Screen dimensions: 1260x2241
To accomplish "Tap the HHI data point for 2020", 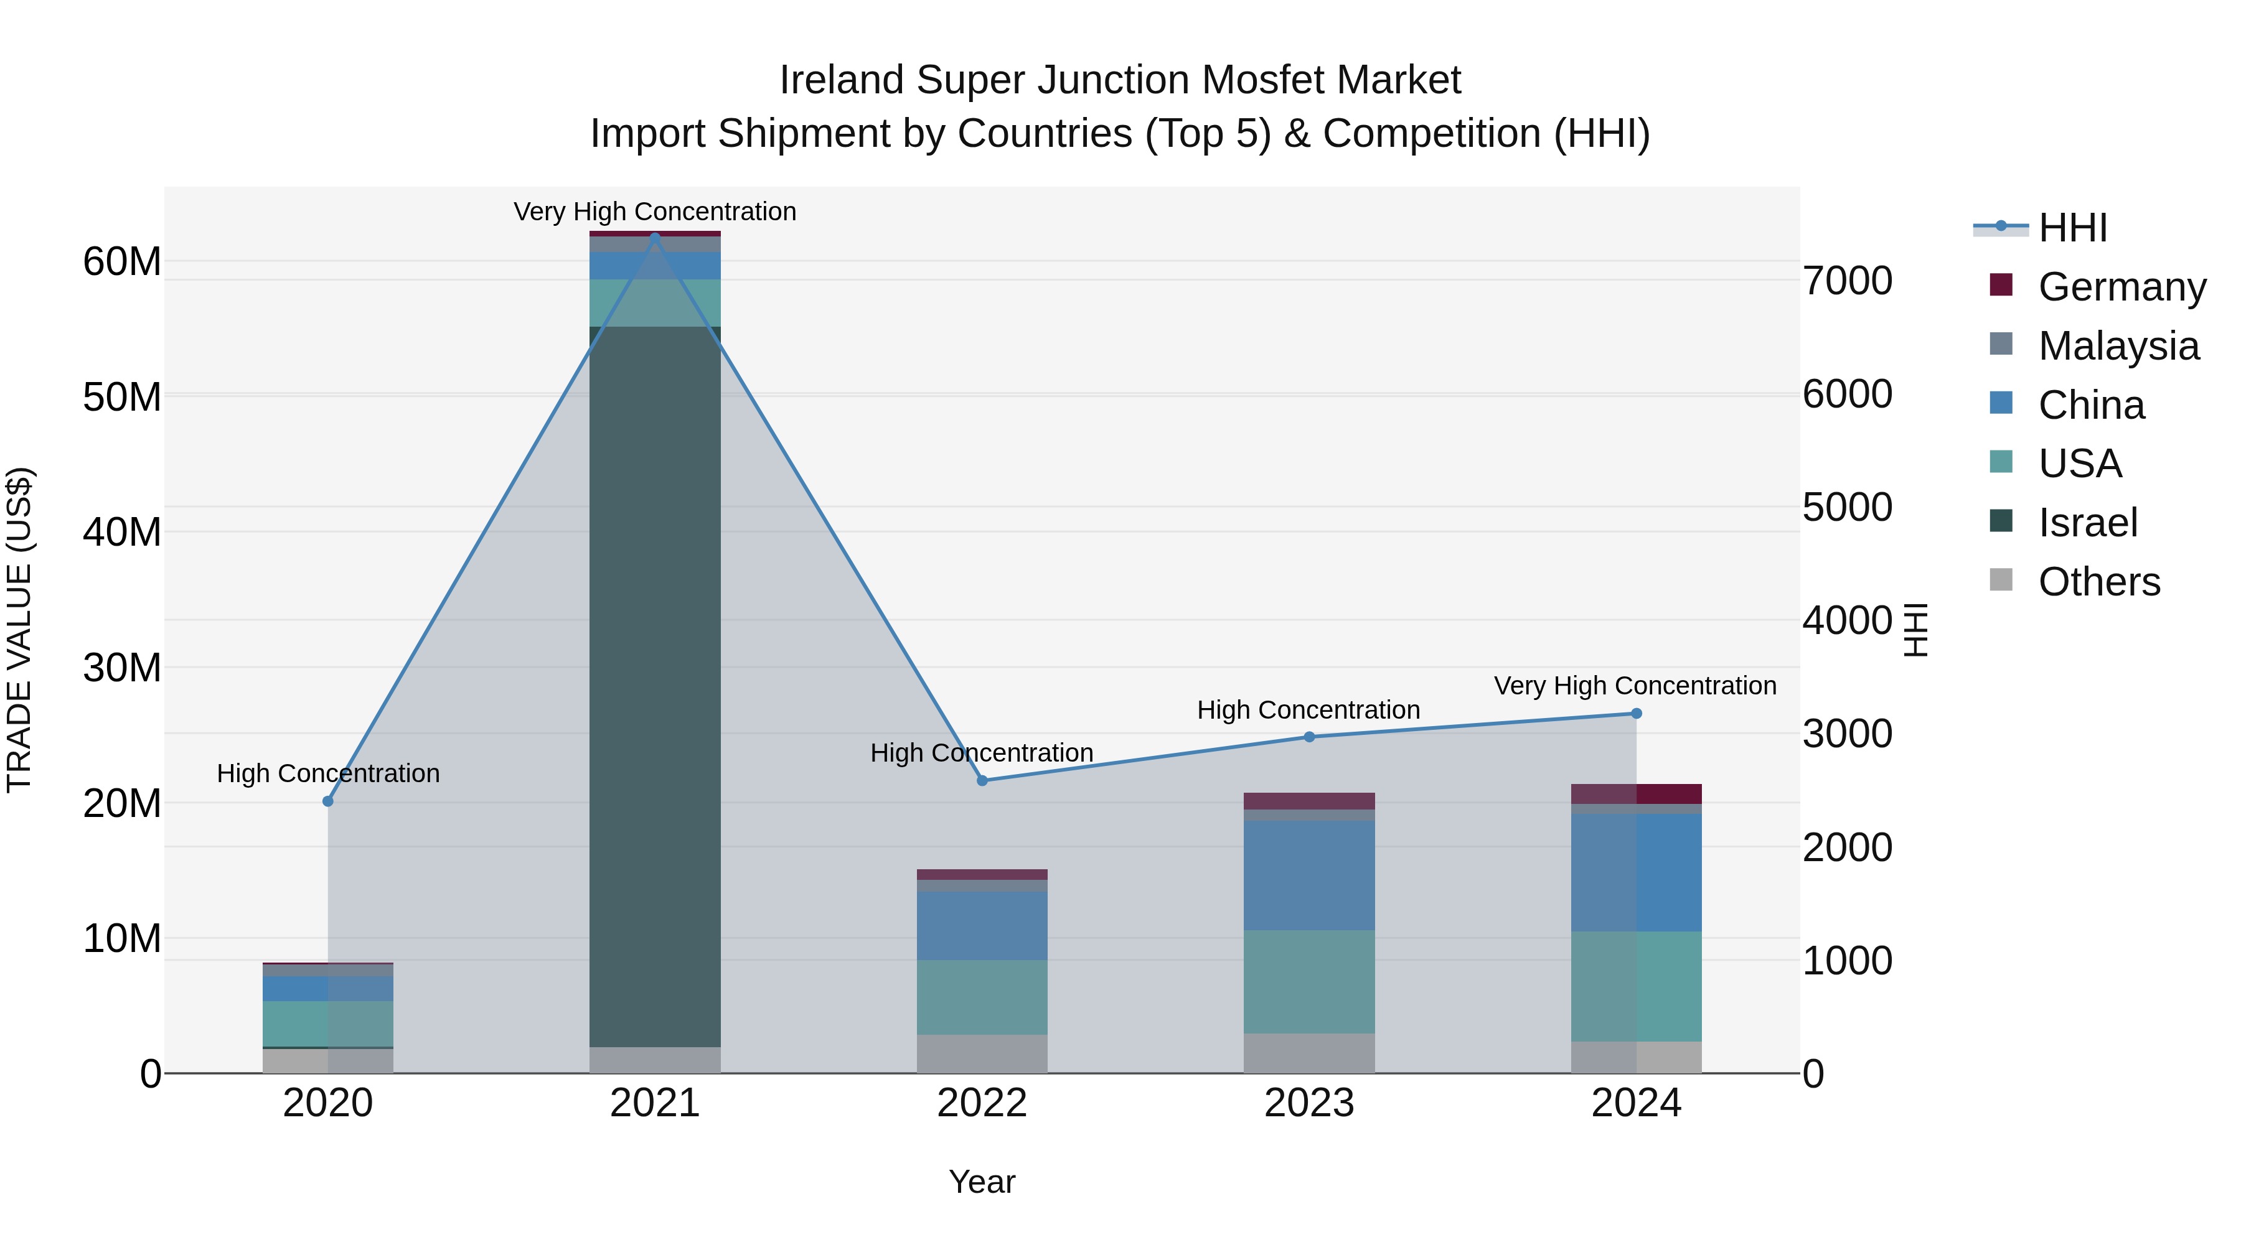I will coord(328,801).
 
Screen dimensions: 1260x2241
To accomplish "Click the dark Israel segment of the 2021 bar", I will coord(655,687).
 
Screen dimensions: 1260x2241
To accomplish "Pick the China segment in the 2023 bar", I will coord(1309,875).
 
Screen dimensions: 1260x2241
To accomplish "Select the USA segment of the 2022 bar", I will coord(982,997).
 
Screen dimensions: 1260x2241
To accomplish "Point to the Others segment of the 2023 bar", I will coord(1309,1052).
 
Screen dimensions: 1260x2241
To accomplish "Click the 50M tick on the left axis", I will coord(122,398).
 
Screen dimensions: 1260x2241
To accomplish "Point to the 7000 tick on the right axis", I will coord(1847,281).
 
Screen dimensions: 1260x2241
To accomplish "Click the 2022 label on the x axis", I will coord(982,1103).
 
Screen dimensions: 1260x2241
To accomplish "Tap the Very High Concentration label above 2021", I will coord(655,212).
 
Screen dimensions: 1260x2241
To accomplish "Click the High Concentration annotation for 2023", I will coord(1308,709).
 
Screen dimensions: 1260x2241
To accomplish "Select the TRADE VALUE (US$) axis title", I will coord(19,630).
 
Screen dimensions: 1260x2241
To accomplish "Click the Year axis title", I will coord(982,1182).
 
